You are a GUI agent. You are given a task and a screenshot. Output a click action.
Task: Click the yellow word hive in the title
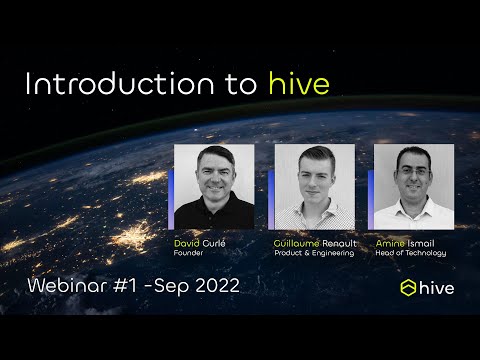pos(299,84)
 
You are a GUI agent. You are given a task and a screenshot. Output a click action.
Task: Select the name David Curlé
pos(200,243)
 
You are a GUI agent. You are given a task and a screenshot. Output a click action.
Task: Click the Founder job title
pos(189,253)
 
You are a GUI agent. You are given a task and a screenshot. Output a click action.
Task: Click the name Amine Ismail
pos(411,243)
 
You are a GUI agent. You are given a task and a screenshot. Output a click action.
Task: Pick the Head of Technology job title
pos(410,253)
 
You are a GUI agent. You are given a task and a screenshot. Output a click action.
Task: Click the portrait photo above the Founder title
pos(214,186)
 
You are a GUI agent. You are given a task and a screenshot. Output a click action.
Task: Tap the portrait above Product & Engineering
pos(314,186)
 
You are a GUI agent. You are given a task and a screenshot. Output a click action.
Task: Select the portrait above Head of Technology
pos(414,186)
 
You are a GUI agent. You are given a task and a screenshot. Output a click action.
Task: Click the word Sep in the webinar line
pos(169,286)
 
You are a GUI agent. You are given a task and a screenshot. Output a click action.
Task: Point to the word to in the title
pos(241,84)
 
